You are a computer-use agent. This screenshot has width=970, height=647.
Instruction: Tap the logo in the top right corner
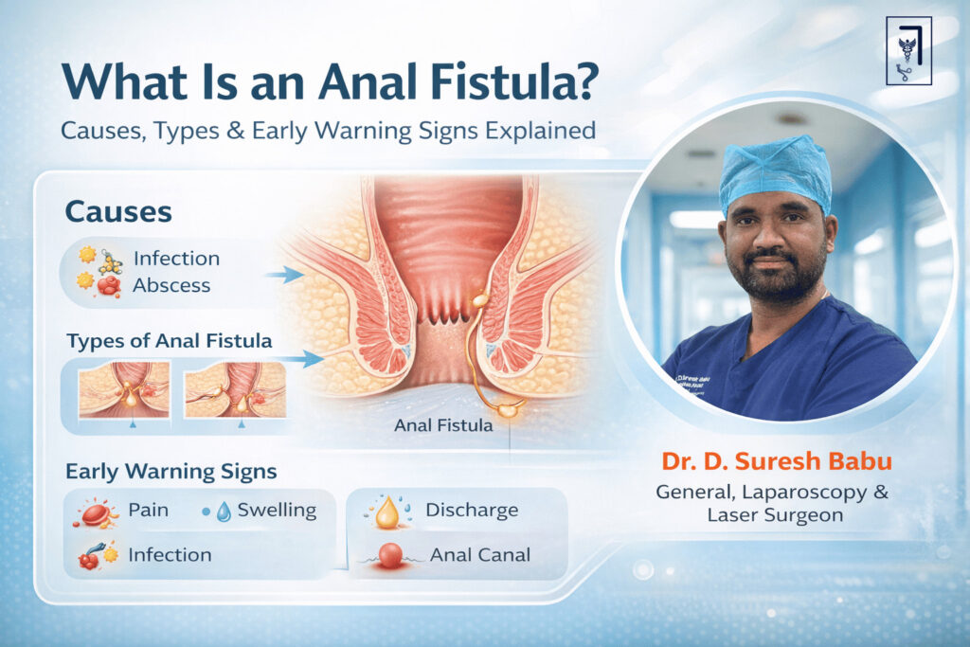tap(907, 50)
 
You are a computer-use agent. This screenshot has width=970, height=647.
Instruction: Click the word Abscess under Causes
tap(171, 284)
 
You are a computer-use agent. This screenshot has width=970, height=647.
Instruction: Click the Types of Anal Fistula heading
tap(169, 339)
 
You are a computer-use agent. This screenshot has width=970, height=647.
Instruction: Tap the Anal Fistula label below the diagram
tap(443, 425)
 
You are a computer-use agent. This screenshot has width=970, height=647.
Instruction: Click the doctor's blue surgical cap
tap(774, 171)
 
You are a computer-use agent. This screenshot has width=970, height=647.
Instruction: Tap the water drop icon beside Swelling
tap(223, 512)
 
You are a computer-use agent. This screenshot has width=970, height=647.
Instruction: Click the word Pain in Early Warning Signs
tap(148, 510)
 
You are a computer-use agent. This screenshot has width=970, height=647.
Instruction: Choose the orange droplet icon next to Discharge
tap(386, 513)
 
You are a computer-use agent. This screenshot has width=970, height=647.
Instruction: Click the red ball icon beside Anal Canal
tap(389, 555)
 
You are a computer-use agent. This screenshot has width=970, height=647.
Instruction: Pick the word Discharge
tap(472, 510)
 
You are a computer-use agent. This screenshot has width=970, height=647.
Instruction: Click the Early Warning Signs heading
tap(171, 470)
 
